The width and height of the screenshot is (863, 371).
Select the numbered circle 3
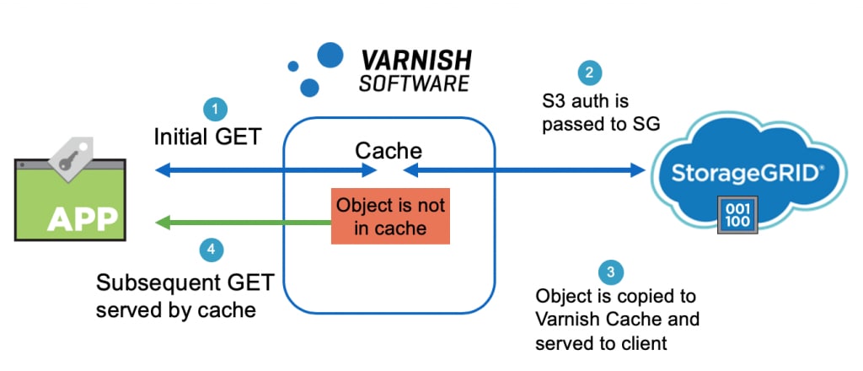611,272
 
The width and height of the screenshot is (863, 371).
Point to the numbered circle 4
212,250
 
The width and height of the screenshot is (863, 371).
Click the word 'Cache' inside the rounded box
389,151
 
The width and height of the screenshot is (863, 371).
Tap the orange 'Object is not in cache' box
390,216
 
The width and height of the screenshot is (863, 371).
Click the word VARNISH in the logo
416,62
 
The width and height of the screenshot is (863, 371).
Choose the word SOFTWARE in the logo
414,83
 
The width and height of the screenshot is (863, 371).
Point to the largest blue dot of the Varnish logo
330,55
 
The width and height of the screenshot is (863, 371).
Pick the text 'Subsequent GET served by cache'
185,295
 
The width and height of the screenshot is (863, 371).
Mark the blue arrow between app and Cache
265,171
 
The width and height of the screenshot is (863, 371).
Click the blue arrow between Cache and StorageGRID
523,171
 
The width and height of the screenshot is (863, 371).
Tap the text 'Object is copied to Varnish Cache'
618,309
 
